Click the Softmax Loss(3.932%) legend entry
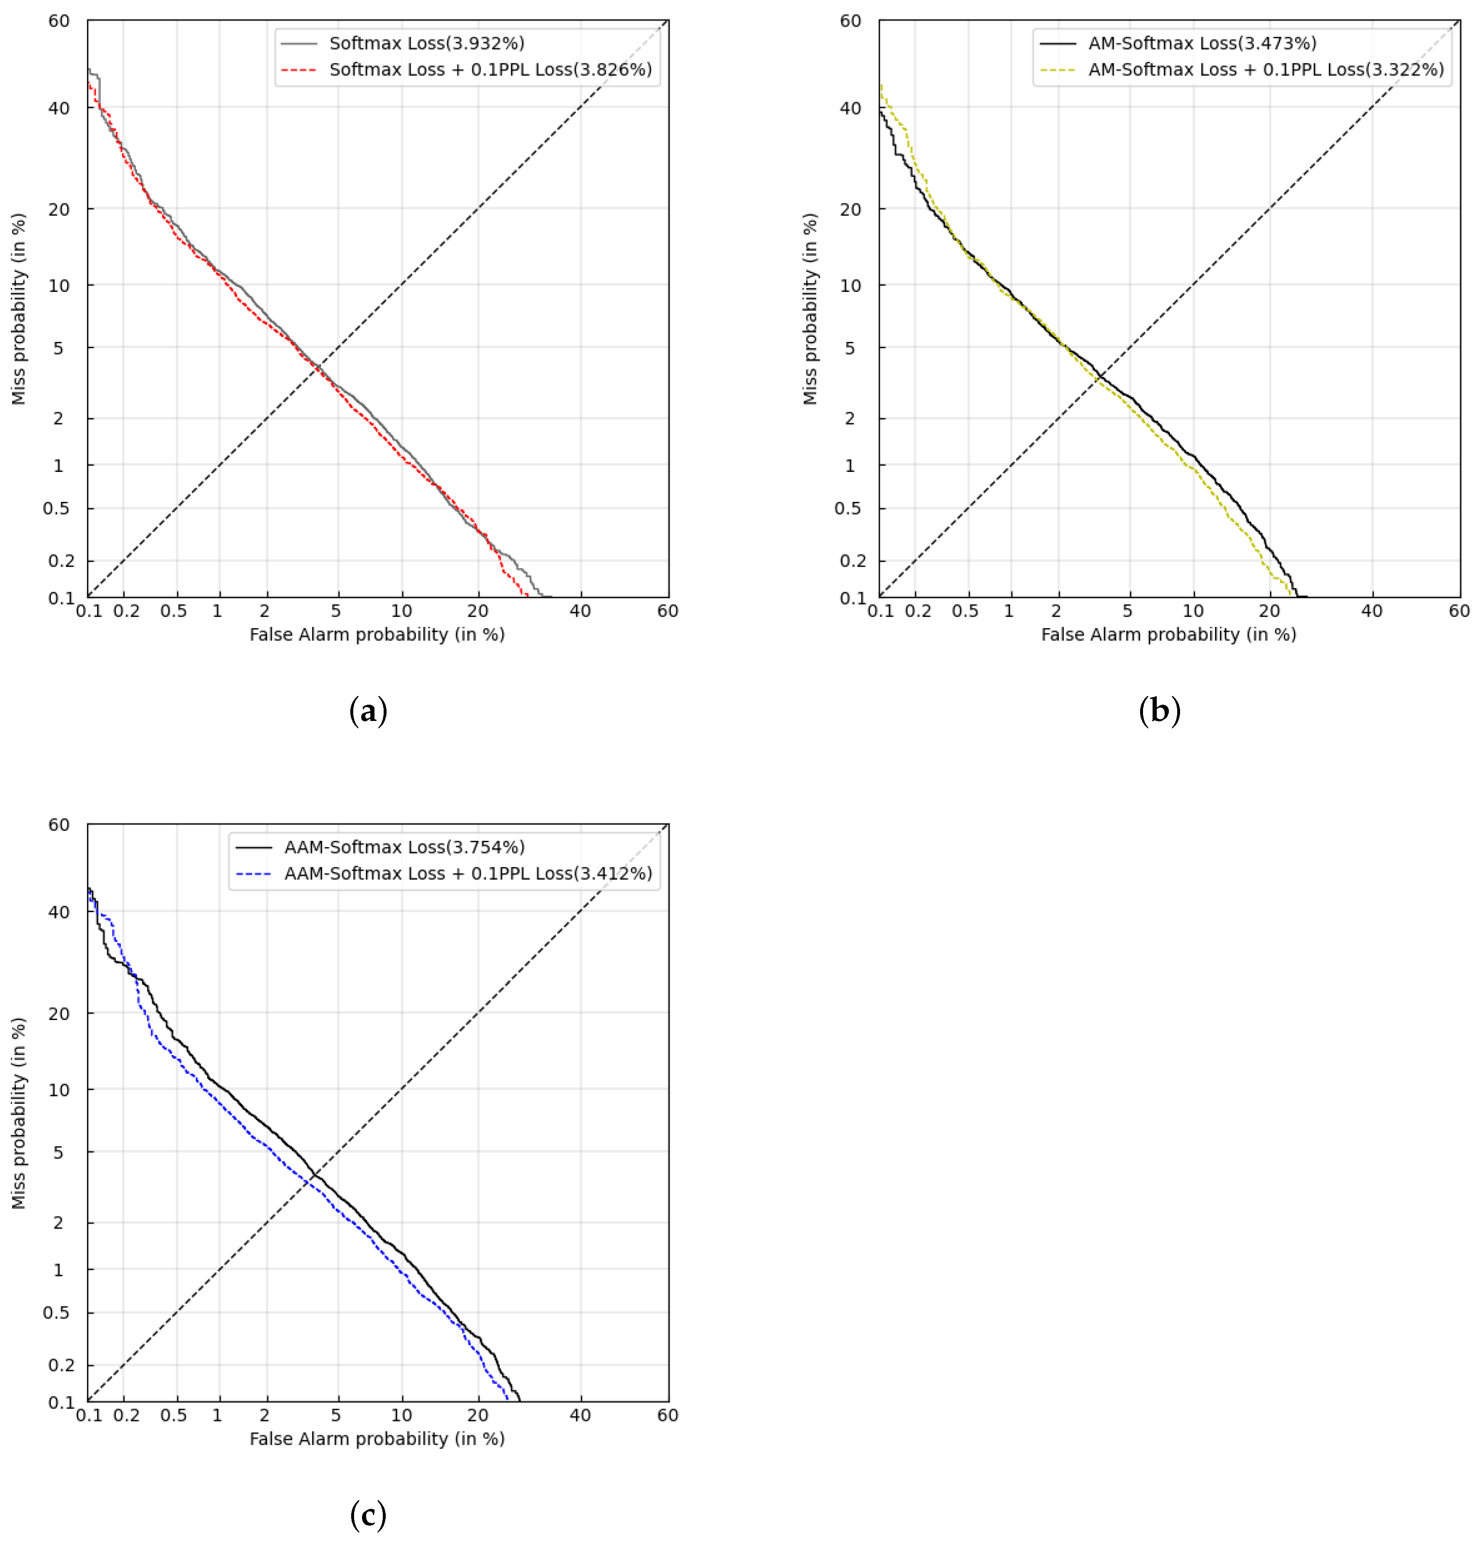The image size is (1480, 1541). pos(426,43)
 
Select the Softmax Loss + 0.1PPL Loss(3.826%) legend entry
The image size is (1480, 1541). pos(490,70)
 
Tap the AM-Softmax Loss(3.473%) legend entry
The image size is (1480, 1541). pos(1202,43)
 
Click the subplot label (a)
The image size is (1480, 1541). pos(368,711)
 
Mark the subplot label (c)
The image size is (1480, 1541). pos(368,1515)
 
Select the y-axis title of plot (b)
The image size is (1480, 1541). pos(810,309)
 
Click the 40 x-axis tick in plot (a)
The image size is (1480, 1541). pos(580,611)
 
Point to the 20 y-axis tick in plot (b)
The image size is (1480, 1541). pos(851,209)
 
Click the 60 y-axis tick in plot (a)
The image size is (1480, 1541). pos(60,21)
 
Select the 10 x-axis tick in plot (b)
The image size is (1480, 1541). pos(1193,611)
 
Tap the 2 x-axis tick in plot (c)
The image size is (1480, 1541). pos(265,1415)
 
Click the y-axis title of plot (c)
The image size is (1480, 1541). pos(19,1113)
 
